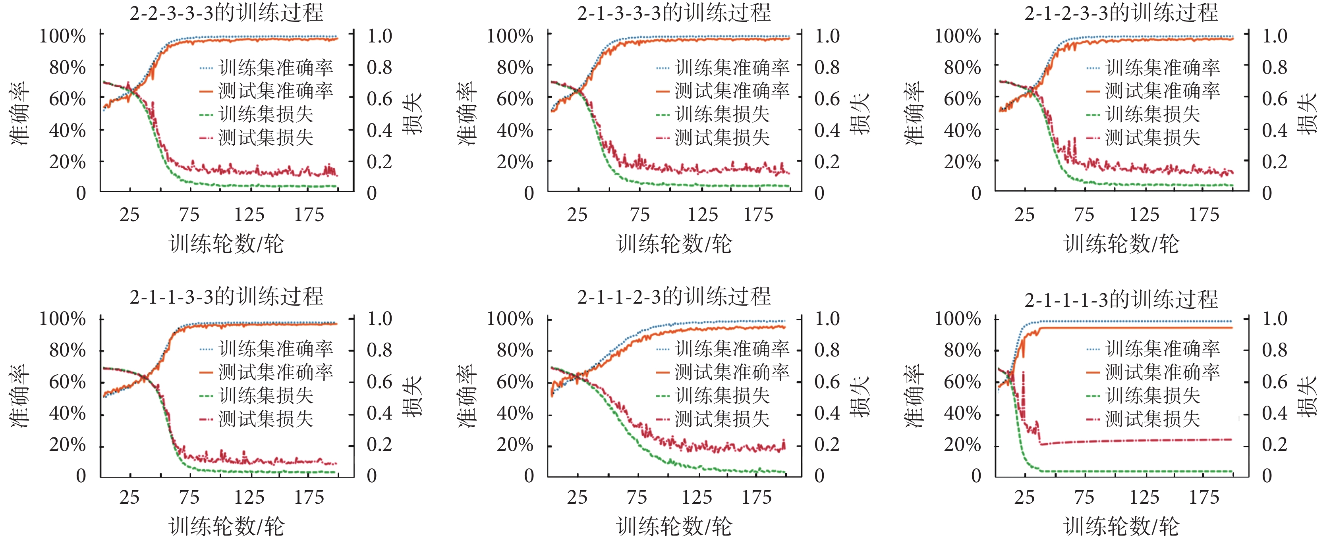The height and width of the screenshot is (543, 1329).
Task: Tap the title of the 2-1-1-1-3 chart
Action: pyautogui.click(x=1121, y=299)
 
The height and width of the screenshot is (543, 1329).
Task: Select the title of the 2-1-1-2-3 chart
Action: pyautogui.click(x=674, y=297)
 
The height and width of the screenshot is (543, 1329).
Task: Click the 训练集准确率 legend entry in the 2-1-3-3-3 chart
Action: pyautogui.click(x=732, y=67)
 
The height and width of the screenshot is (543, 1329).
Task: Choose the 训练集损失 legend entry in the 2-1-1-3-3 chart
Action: pyautogui.click(x=266, y=395)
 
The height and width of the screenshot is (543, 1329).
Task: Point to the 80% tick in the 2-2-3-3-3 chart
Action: pyautogui.click(x=68, y=67)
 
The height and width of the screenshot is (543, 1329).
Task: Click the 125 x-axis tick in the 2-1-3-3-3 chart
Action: pyautogui.click(x=703, y=214)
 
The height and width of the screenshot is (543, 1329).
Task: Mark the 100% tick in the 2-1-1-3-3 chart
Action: pyautogui.click(x=63, y=319)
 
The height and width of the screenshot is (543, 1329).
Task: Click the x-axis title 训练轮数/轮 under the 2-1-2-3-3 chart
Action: pyautogui.click(x=1121, y=244)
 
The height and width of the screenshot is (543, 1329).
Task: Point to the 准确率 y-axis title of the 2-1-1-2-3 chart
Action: pyautogui.click(x=467, y=396)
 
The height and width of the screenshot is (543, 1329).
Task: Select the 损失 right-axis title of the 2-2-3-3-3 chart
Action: pyautogui.click(x=413, y=114)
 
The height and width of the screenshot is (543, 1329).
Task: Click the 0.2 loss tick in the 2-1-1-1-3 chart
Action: pyautogui.click(x=1274, y=444)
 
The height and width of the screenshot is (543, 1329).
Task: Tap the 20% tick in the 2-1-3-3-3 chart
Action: pyautogui.click(x=515, y=162)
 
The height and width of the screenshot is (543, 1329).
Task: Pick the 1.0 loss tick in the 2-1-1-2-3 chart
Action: pyautogui.click(x=827, y=319)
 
